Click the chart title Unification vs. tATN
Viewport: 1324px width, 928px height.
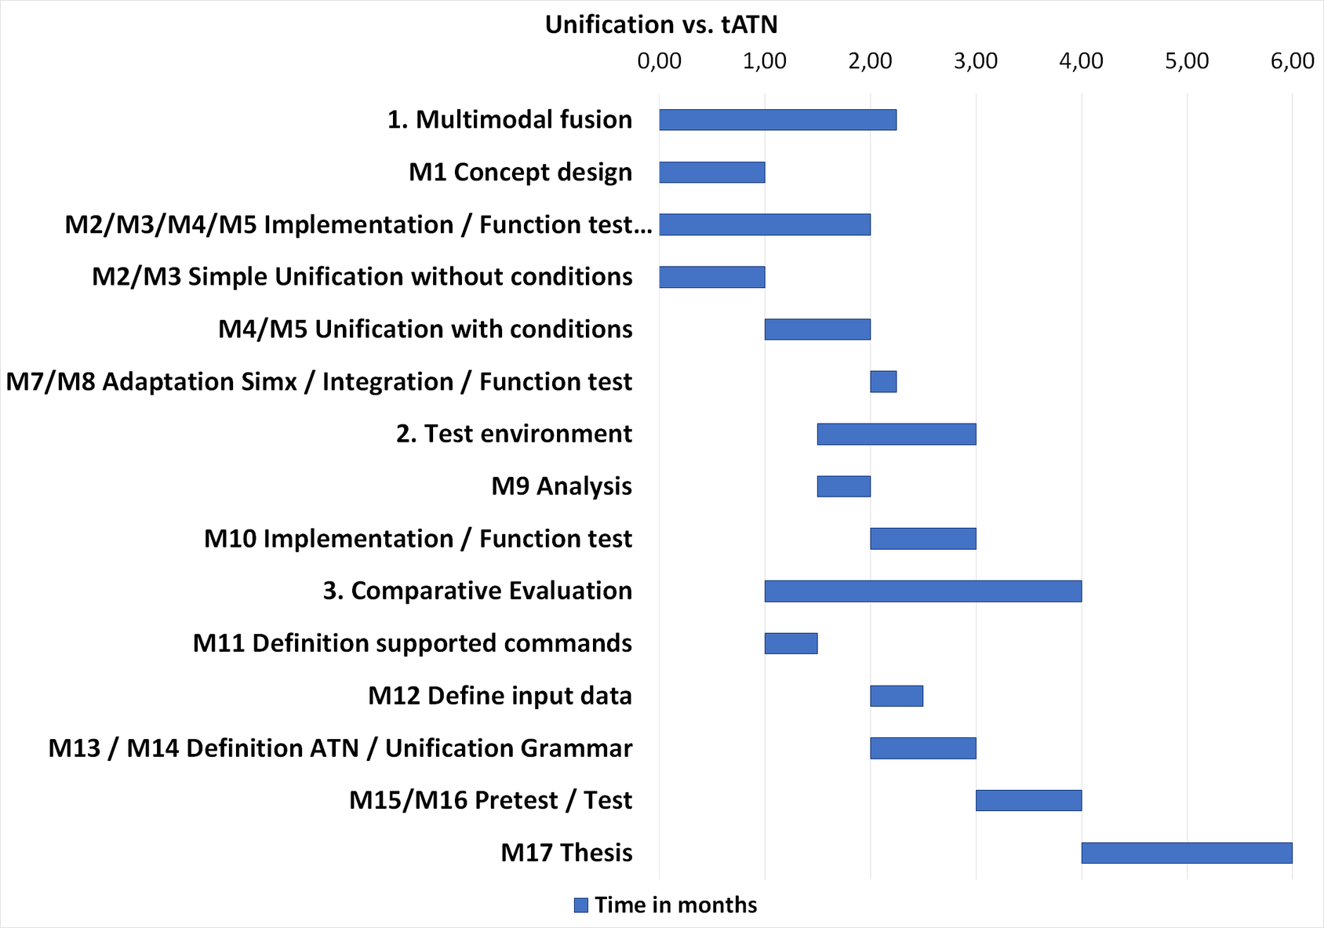[x=661, y=25]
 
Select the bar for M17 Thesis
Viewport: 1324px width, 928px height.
[x=1186, y=853]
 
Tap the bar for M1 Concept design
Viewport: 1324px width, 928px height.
[x=711, y=173]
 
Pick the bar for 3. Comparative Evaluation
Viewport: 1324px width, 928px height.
[x=922, y=591]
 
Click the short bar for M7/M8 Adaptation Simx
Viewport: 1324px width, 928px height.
[x=883, y=382]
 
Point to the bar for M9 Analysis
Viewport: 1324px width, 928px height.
[x=843, y=486]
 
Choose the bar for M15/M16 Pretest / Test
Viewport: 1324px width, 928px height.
[x=1028, y=800]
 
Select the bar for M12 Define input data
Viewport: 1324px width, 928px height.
[x=896, y=696]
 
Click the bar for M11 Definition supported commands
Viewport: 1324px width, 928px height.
[x=791, y=643]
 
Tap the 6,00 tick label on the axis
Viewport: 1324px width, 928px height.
[x=1292, y=61]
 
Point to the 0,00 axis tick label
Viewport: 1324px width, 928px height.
[x=659, y=61]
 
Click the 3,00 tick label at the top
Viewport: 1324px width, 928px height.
[x=976, y=61]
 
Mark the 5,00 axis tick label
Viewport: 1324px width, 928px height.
[x=1187, y=61]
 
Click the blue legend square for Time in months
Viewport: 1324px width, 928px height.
[x=581, y=905]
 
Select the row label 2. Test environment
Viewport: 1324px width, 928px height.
[x=514, y=434]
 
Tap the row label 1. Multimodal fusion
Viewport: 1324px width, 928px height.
[x=510, y=120]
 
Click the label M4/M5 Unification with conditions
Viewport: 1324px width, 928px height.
[x=425, y=329]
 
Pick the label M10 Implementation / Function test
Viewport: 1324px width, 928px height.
[x=418, y=539]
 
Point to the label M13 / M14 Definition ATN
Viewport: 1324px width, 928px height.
[x=340, y=748]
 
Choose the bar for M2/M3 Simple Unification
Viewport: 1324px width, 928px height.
[x=711, y=277]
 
